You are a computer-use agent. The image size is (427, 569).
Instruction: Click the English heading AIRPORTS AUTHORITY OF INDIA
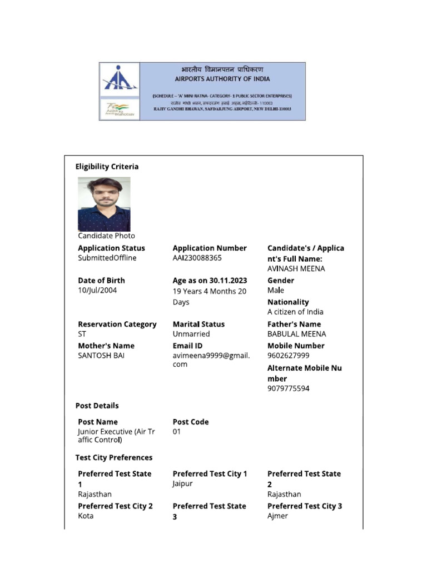point(222,79)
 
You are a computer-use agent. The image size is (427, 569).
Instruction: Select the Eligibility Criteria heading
point(107,167)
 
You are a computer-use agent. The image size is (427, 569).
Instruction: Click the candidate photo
point(104,204)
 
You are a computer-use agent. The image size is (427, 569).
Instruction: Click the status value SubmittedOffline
point(107,258)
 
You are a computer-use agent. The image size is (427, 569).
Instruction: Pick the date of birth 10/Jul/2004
point(97,290)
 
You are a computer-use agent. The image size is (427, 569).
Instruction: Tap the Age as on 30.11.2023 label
point(210,281)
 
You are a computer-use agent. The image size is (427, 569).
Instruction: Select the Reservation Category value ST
point(82,334)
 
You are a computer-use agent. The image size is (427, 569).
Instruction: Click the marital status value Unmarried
point(191,334)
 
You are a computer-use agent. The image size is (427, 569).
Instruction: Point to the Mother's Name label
point(106,346)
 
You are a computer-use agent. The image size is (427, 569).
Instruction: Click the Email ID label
point(187,346)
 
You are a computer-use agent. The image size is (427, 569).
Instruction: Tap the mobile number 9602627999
point(288,356)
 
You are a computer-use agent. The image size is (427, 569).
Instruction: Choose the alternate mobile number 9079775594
point(288,388)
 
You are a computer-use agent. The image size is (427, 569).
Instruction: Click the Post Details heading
point(97,406)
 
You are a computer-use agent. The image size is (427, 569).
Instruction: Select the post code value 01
point(177,431)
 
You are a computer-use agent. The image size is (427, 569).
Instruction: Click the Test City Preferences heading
point(113,458)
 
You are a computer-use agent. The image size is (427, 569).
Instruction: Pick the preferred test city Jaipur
point(182,484)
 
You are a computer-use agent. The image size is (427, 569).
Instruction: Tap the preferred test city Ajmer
point(277,516)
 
